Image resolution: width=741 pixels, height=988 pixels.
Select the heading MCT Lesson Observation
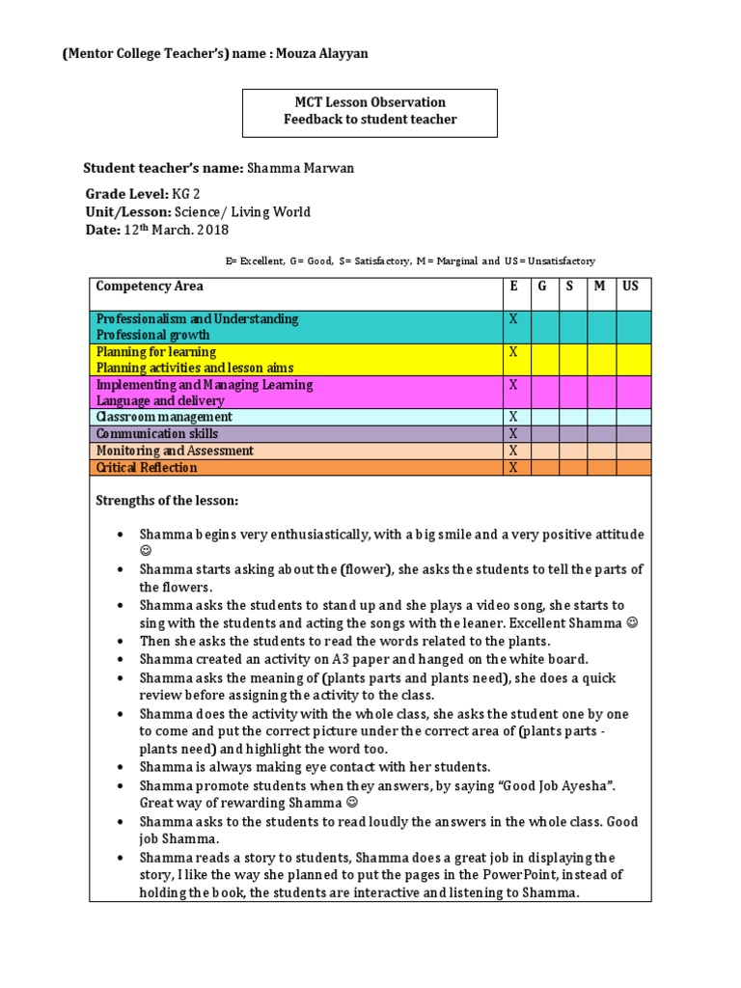(370, 102)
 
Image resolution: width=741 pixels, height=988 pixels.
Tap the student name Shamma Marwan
(300, 168)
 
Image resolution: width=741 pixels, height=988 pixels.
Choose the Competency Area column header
(150, 287)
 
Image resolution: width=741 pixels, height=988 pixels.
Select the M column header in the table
(600, 287)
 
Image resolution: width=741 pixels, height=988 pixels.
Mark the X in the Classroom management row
(513, 417)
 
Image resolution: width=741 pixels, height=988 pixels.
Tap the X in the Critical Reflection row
(513, 468)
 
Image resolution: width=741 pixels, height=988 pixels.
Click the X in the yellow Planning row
(513, 352)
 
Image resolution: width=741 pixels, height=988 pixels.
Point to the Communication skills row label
(156, 434)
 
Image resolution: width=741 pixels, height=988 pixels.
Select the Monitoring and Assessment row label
(175, 451)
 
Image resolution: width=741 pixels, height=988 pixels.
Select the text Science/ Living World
(241, 211)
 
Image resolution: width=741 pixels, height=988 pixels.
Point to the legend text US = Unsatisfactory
(548, 261)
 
